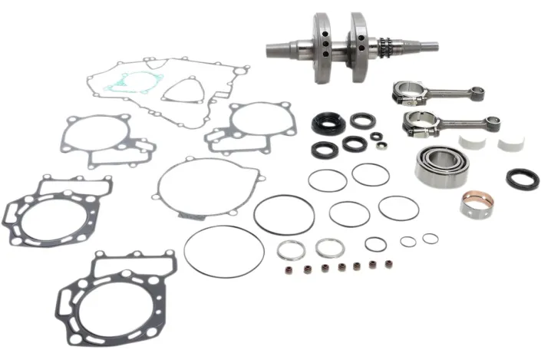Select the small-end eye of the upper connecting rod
coord(478,94)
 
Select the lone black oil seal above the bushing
coord(522,180)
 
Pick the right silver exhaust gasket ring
coord(328,248)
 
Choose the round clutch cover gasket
coord(198,188)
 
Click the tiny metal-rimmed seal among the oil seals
coord(376,137)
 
